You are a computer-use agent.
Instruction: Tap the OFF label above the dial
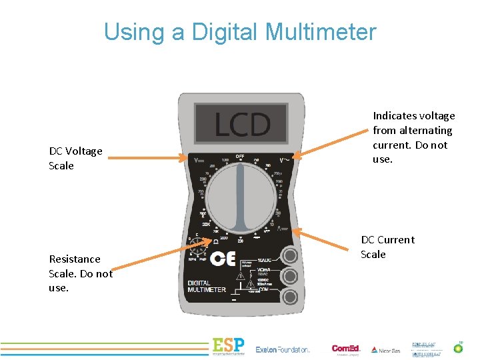pyautogui.click(x=240, y=156)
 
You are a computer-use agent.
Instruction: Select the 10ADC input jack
pyautogui.click(x=289, y=255)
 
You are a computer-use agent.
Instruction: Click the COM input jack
pyautogui.click(x=289, y=297)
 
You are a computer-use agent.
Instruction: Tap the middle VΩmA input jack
pyautogui.click(x=289, y=276)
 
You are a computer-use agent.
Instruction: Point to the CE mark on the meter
pyautogui.click(x=223, y=260)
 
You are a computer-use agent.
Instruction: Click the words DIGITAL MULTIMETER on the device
pyautogui.click(x=207, y=287)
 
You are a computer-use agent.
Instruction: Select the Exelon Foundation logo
pyautogui.click(x=283, y=349)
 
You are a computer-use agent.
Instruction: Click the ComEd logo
pyautogui.click(x=345, y=349)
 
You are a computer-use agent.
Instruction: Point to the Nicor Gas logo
pyautogui.click(x=385, y=350)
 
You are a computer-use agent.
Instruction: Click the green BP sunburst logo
pyautogui.click(x=458, y=348)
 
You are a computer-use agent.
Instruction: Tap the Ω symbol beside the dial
pyautogui.click(x=206, y=241)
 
